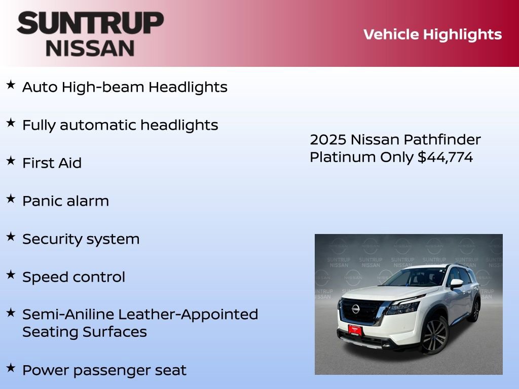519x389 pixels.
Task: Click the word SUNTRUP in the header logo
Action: [x=90, y=23]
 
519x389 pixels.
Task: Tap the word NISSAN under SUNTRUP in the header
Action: [x=90, y=48]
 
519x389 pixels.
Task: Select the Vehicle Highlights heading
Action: [x=432, y=34]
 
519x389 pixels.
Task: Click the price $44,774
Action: [x=445, y=158]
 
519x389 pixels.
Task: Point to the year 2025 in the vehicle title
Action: [x=328, y=140]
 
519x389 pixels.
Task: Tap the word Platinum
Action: [x=343, y=158]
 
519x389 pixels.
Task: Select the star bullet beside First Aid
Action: [x=11, y=161]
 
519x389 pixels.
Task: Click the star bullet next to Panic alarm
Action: [x=11, y=199]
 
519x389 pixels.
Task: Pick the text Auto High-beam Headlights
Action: [x=125, y=87]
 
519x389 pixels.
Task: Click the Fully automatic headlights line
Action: [x=120, y=125]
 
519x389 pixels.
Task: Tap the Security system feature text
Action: [x=81, y=239]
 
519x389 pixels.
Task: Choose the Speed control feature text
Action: [x=73, y=277]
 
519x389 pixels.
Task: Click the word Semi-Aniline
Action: [x=68, y=315]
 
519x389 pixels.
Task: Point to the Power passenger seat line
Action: [x=104, y=370]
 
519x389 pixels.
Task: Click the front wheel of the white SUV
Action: [x=434, y=335]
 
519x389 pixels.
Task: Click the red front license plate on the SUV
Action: [x=354, y=330]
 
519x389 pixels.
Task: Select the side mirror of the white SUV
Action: [x=456, y=284]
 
